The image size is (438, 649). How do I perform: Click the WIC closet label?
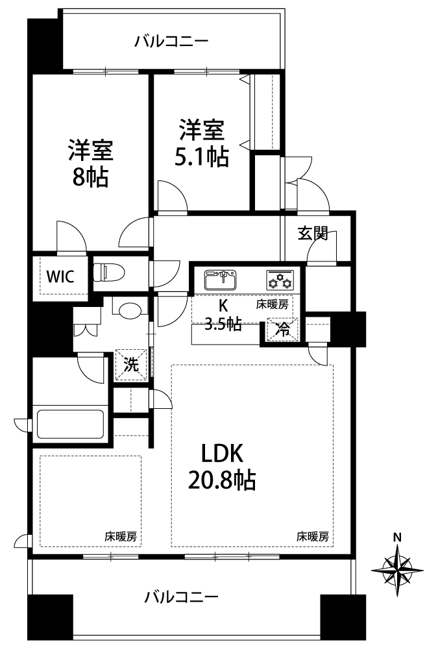60,276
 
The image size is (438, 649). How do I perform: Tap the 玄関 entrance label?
313,234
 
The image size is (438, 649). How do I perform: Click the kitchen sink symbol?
221,280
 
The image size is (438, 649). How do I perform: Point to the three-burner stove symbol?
280,280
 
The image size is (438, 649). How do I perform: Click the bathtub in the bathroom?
70,424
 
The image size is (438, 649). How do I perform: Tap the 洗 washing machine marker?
132,365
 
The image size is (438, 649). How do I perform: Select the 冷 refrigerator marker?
283,330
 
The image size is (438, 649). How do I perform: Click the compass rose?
397,570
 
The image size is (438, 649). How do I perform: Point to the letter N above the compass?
397,537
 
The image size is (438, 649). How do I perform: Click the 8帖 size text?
91,178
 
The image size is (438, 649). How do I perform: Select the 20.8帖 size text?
222,481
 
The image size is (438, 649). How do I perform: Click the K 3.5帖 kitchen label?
223,315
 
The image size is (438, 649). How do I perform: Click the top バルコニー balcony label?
171,42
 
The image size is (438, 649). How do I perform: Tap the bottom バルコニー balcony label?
181,597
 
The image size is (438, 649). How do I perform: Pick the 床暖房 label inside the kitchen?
272,305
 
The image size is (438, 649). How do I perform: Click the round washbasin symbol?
130,310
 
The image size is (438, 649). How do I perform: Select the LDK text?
222,454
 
